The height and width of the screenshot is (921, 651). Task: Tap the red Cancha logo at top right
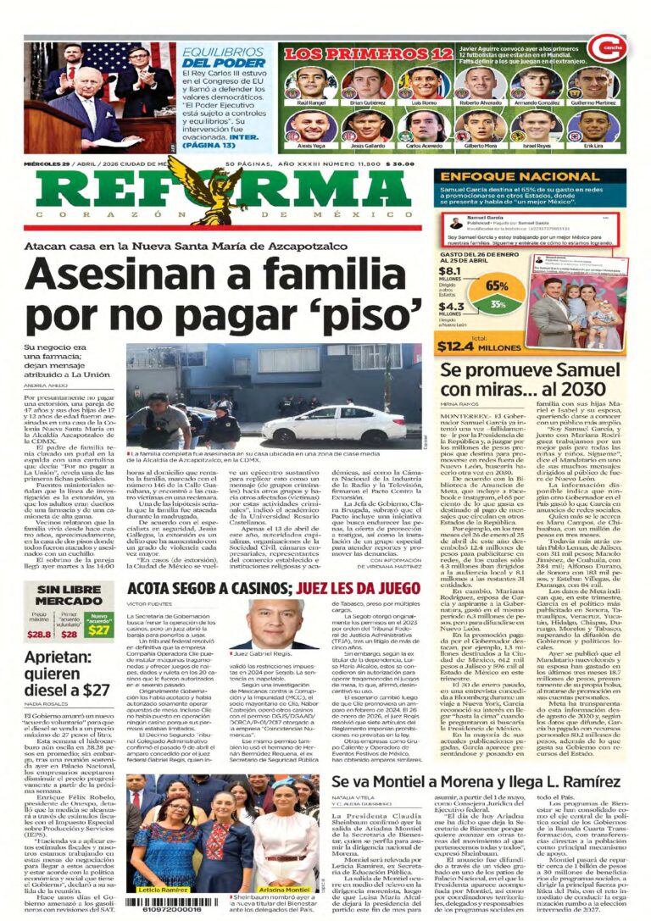(612, 48)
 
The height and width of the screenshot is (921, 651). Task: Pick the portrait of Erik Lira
(593, 127)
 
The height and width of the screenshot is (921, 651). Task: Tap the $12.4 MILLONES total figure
(480, 344)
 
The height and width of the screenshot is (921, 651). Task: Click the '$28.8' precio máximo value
(39, 633)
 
